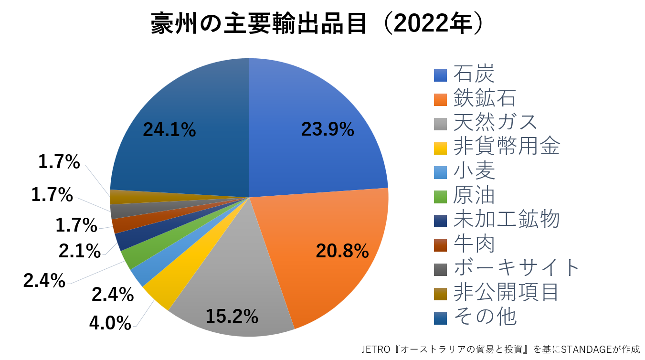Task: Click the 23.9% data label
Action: click(327, 129)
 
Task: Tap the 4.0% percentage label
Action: click(110, 323)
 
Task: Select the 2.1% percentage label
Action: click(80, 251)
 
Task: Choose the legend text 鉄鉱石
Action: click(484, 99)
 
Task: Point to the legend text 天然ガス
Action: click(495, 123)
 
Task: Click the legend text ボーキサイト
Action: click(516, 268)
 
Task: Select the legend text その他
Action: click(485, 316)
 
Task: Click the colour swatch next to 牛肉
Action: click(440, 244)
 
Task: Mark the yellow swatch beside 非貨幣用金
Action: click(440, 148)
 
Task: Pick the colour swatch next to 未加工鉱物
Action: click(440, 220)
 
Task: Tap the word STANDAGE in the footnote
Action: click(588, 350)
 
